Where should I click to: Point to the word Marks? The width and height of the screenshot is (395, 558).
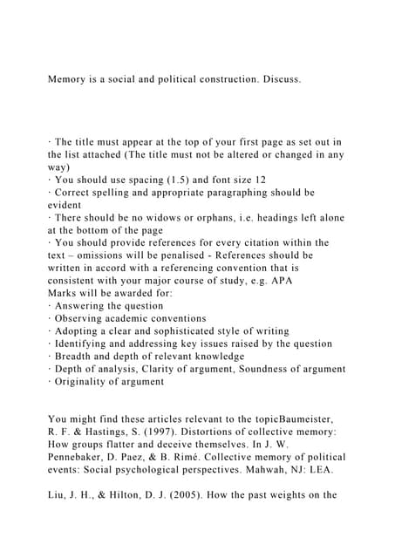tap(65, 293)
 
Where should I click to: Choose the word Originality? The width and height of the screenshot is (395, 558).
tap(85, 381)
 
